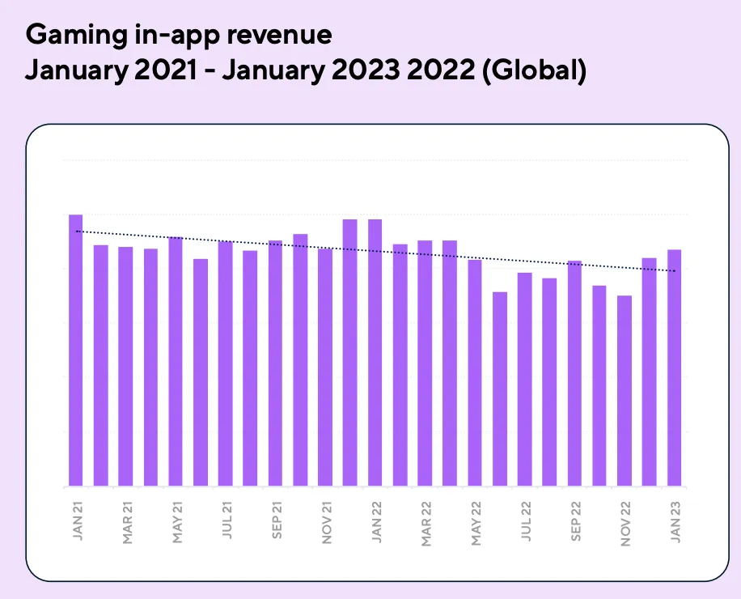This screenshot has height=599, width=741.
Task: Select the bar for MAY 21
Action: tap(176, 362)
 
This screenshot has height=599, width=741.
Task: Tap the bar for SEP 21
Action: tap(275, 363)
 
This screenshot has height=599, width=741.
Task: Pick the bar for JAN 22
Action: tap(375, 353)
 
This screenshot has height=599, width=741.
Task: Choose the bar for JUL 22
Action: tap(525, 380)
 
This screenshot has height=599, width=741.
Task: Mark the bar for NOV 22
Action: tap(625, 391)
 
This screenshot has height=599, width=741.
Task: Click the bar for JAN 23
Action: tap(674, 368)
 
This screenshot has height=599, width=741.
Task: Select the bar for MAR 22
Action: tap(425, 363)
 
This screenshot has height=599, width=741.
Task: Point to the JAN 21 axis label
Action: tap(76, 522)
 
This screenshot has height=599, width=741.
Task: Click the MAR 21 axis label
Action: tap(126, 523)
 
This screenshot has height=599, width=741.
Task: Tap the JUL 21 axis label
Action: tap(226, 523)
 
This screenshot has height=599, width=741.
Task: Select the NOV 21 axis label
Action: tap(326, 523)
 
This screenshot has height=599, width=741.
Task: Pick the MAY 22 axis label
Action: tap(476, 523)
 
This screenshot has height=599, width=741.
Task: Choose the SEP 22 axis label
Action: tap(576, 523)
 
